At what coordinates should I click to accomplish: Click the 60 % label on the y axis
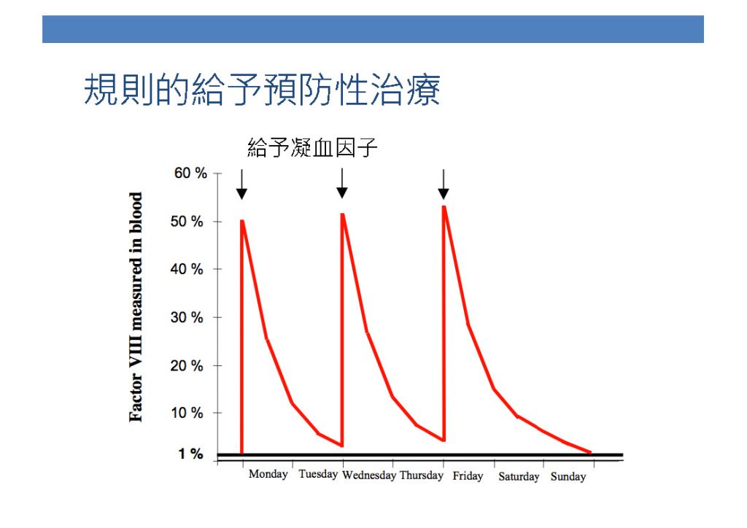[x=190, y=173]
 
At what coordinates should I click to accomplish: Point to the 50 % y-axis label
[x=187, y=222]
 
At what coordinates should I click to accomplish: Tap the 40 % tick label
[x=187, y=269]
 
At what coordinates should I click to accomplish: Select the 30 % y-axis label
[x=187, y=317]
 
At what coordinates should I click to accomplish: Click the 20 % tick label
[x=187, y=365]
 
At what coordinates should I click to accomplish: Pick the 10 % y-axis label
[x=187, y=413]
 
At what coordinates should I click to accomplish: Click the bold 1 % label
[x=190, y=454]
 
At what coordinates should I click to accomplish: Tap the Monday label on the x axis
[x=268, y=474]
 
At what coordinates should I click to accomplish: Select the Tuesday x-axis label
[x=318, y=474]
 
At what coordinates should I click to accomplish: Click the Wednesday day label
[x=369, y=475]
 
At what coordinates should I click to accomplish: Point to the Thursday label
[x=422, y=475]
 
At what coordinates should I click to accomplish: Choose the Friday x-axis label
[x=468, y=475]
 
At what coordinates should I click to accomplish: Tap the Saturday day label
[x=519, y=476]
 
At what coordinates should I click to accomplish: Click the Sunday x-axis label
[x=568, y=476]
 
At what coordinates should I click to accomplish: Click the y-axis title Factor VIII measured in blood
[x=136, y=307]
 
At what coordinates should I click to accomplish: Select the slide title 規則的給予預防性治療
[x=262, y=90]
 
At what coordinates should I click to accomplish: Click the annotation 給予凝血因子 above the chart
[x=312, y=147]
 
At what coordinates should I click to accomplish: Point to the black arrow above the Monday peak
[x=241, y=185]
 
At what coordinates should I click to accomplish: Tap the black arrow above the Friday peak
[x=444, y=185]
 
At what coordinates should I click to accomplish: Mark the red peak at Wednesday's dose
[x=343, y=214]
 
